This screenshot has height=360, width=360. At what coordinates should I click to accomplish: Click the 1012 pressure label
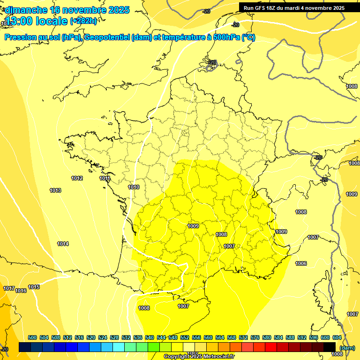point(77,178)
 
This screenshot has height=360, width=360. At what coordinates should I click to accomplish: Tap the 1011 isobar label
point(105,178)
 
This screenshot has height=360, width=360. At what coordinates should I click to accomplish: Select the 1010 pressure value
point(134,187)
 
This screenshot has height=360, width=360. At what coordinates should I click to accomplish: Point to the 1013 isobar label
point(55,190)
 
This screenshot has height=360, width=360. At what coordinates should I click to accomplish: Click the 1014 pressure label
point(63,244)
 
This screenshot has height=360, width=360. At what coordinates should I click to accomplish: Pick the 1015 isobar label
point(34,287)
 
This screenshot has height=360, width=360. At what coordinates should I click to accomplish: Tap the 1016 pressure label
point(21,291)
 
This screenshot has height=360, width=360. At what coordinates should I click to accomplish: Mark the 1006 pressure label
point(301,263)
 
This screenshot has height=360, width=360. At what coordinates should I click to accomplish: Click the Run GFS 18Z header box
point(294,7)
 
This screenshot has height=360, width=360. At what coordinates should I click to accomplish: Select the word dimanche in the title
point(25,10)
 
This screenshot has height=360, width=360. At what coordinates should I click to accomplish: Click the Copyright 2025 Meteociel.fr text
point(199,356)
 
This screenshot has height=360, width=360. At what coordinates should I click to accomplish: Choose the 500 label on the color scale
point(32,337)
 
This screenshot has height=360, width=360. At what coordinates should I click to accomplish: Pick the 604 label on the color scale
point(337,337)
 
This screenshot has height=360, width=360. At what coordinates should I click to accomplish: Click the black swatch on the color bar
point(329,347)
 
